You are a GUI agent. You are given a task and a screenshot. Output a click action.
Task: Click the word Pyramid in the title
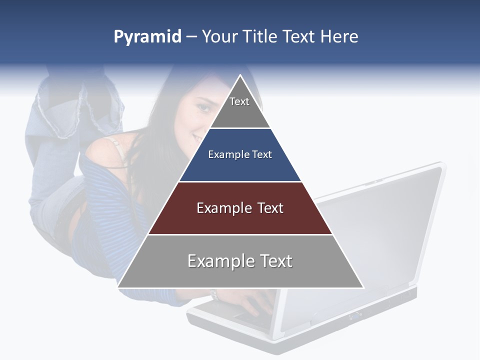pos(147,37)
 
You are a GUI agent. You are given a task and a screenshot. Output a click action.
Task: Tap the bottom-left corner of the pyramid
pos(118,287)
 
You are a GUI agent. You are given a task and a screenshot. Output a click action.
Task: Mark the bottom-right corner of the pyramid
pos(363,287)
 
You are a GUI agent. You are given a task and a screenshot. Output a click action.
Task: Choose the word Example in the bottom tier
pos(220,261)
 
